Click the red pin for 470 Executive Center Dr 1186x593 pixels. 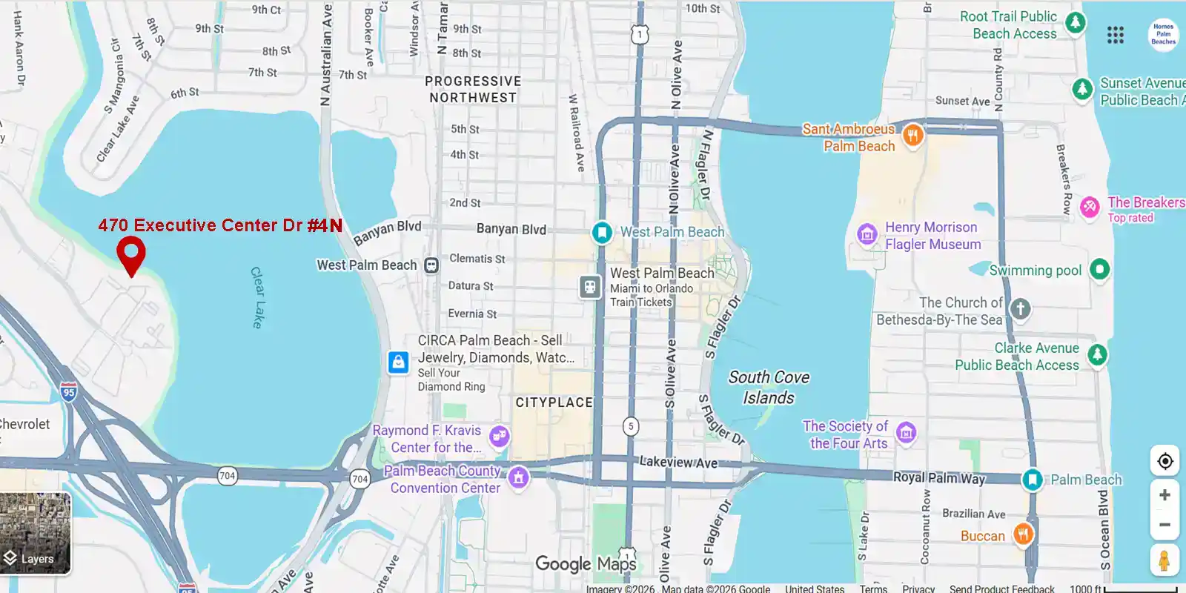(x=131, y=254)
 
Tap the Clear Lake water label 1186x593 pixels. (x=256, y=297)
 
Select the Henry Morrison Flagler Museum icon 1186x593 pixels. (x=867, y=235)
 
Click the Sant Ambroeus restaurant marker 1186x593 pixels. (x=913, y=135)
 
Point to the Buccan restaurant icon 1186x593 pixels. (x=1023, y=534)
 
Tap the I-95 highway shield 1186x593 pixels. (x=69, y=392)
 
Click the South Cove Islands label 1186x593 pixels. (x=769, y=388)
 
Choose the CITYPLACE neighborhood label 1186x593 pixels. (x=554, y=402)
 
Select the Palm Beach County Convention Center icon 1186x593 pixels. (x=519, y=477)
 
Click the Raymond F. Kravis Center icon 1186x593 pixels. (x=500, y=436)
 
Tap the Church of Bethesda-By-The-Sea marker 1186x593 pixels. (x=1021, y=308)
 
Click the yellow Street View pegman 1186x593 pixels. (x=1165, y=560)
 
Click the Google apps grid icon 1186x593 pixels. (x=1116, y=35)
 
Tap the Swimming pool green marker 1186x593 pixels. (x=1100, y=269)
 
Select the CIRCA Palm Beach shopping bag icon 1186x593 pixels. (x=399, y=362)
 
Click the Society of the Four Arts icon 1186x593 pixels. (x=906, y=432)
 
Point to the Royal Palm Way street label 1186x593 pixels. (x=939, y=478)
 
